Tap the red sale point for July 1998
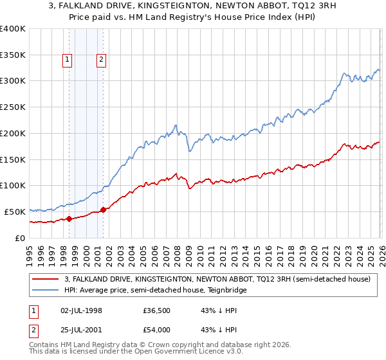pyautogui.click(x=69, y=219)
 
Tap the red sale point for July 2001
pyautogui.click(x=104, y=210)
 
